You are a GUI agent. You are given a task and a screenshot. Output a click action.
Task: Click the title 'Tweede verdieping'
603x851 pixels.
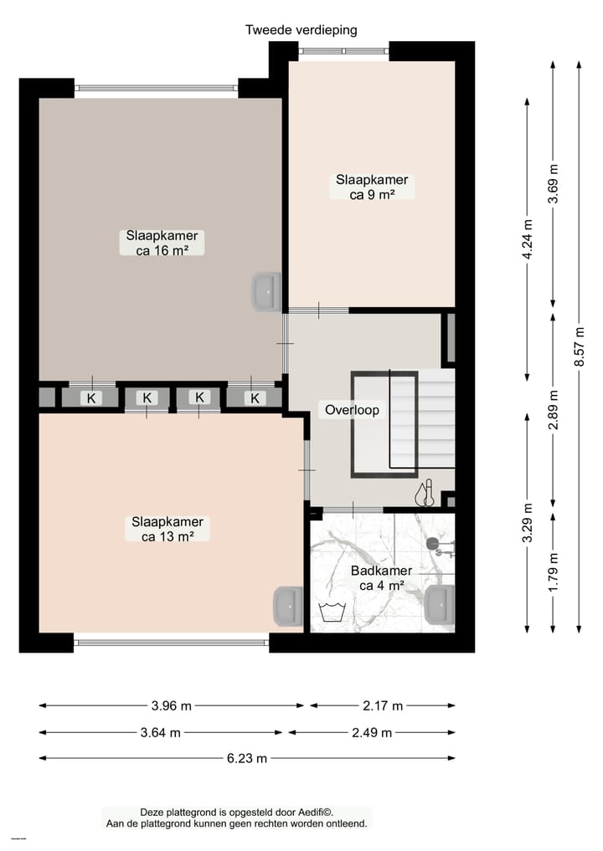click(x=301, y=30)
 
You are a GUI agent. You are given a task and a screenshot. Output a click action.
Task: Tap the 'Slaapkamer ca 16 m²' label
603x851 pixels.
click(x=162, y=242)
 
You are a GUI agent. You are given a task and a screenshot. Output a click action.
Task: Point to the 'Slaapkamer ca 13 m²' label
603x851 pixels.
click(x=167, y=529)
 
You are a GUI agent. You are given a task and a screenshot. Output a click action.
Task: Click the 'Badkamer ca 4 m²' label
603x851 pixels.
click(x=381, y=578)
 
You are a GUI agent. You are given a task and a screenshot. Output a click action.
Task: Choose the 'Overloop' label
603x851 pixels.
click(x=352, y=410)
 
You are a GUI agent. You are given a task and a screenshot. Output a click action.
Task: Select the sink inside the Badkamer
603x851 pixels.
click(x=440, y=604)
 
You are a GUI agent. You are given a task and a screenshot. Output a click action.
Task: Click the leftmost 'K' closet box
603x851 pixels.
click(x=90, y=398)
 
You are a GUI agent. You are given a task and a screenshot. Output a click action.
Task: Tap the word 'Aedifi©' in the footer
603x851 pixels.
click(x=314, y=812)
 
